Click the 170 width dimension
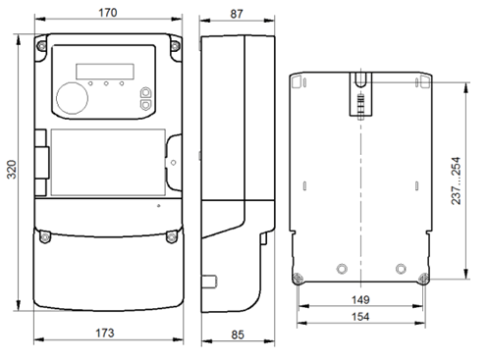point(108,13)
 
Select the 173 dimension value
point(105,333)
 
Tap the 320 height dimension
point(12,170)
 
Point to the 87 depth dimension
point(237,14)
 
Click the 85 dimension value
point(238,334)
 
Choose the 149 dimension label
point(360,299)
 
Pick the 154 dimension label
point(360,317)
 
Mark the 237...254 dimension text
point(456,180)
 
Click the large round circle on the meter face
point(72,98)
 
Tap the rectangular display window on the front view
point(105,72)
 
